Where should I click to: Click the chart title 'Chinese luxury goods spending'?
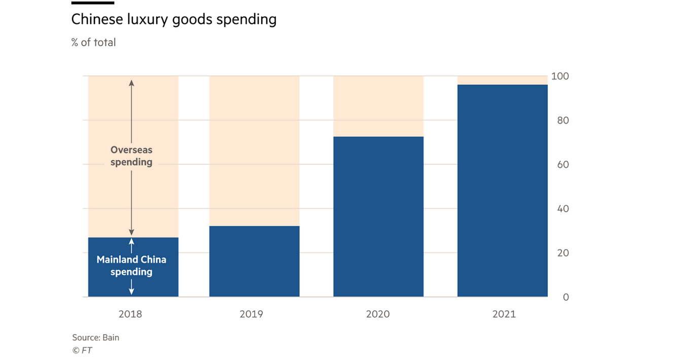[x=173, y=19]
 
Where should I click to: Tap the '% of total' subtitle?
[x=93, y=43]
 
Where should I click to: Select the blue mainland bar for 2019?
[x=254, y=261]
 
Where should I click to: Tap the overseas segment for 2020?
[x=378, y=106]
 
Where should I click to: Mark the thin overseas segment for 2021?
[x=502, y=80]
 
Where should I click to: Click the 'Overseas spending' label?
[x=131, y=156]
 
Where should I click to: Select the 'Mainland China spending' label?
[x=131, y=266]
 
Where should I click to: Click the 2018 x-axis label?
[x=130, y=314]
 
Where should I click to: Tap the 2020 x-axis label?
[x=378, y=314]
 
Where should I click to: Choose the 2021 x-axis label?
[x=504, y=314]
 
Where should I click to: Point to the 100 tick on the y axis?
[x=563, y=77]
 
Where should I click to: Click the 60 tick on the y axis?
[x=563, y=165]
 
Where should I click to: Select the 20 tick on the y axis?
[x=563, y=253]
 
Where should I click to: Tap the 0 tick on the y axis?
[x=566, y=297]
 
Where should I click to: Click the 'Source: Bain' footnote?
[x=95, y=337]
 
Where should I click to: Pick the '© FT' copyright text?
[x=82, y=350]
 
